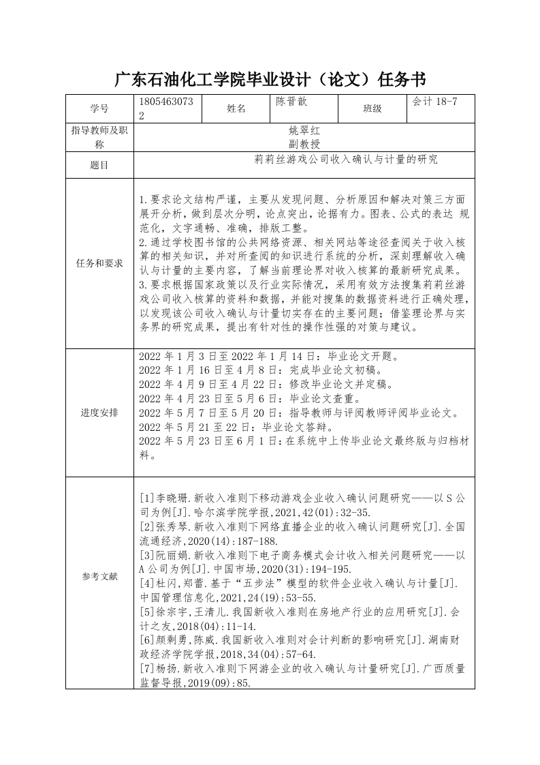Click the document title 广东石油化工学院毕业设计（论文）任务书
(x=270, y=80)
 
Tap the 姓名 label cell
(x=236, y=108)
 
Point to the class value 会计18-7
(x=434, y=102)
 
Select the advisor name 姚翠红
(x=304, y=130)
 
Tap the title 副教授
(x=304, y=144)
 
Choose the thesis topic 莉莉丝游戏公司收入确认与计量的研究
(x=346, y=160)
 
